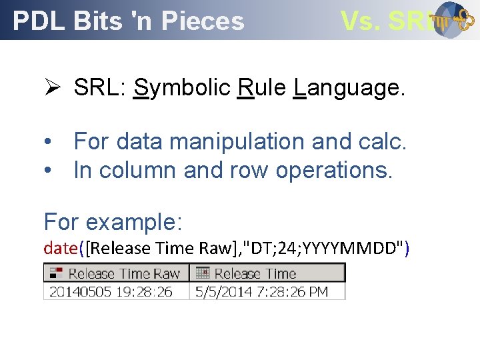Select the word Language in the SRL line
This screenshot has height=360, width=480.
[348, 87]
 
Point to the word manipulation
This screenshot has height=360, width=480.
[237, 141]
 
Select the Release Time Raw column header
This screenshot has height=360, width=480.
[117, 273]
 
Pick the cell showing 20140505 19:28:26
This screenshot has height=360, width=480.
[111, 291]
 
